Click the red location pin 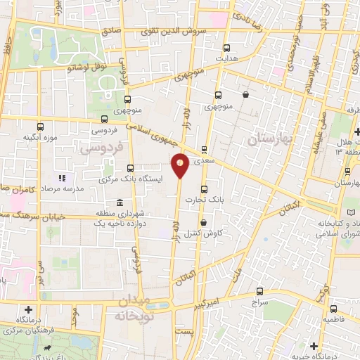click(x=181, y=165)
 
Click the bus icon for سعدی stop click(x=204, y=149)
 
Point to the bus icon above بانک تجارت click(x=205, y=189)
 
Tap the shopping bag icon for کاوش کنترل click(x=202, y=222)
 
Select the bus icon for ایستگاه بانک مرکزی click(x=131, y=168)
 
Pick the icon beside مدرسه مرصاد click(x=61, y=178)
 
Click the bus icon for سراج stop click(x=259, y=291)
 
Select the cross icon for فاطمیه click(x=333, y=309)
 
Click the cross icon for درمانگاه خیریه click(x=314, y=347)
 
